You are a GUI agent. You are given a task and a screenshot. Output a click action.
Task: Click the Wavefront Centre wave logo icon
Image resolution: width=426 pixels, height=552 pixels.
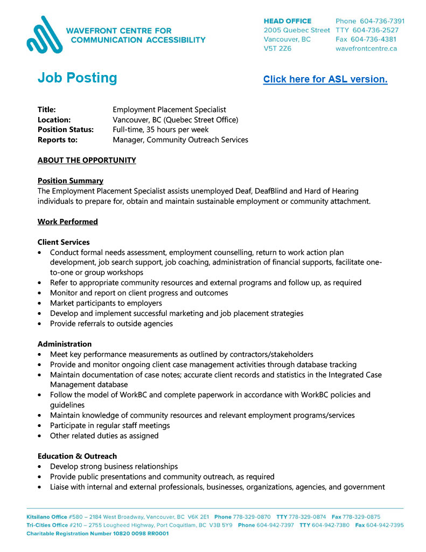(44, 34)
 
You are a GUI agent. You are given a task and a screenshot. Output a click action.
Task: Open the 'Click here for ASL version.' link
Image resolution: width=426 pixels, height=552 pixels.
(325, 79)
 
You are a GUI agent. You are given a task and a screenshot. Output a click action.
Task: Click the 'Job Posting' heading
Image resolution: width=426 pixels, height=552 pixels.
(77, 78)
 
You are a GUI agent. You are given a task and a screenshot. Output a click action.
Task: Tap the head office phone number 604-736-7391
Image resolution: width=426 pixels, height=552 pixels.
(382, 21)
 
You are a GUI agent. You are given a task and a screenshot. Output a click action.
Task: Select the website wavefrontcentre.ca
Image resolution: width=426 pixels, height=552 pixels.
(366, 49)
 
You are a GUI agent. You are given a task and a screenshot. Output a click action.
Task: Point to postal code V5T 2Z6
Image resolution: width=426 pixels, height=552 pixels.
(277, 49)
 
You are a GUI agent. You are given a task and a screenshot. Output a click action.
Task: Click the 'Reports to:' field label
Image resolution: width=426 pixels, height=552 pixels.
(58, 140)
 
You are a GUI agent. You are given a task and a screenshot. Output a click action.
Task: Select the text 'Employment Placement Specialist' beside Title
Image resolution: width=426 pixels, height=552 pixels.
(169, 109)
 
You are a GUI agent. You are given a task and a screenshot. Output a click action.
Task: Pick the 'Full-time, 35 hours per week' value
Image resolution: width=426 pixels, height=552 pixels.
(160, 129)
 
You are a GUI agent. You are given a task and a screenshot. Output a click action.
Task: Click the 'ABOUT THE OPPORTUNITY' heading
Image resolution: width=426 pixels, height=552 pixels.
(87, 160)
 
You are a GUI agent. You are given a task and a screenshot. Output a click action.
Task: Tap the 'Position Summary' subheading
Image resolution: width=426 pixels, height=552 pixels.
(71, 181)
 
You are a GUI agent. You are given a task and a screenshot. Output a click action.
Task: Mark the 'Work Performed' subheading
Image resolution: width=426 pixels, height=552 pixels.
(68, 222)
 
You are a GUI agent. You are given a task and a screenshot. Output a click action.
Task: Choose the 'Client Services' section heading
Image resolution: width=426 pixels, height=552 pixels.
(64, 242)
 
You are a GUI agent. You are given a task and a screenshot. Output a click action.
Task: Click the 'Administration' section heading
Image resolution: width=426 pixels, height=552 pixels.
(65, 344)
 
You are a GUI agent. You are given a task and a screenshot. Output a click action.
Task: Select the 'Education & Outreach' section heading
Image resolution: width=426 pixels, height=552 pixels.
(77, 456)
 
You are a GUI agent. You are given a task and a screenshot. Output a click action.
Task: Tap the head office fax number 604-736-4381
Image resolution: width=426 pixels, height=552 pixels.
(373, 39)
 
